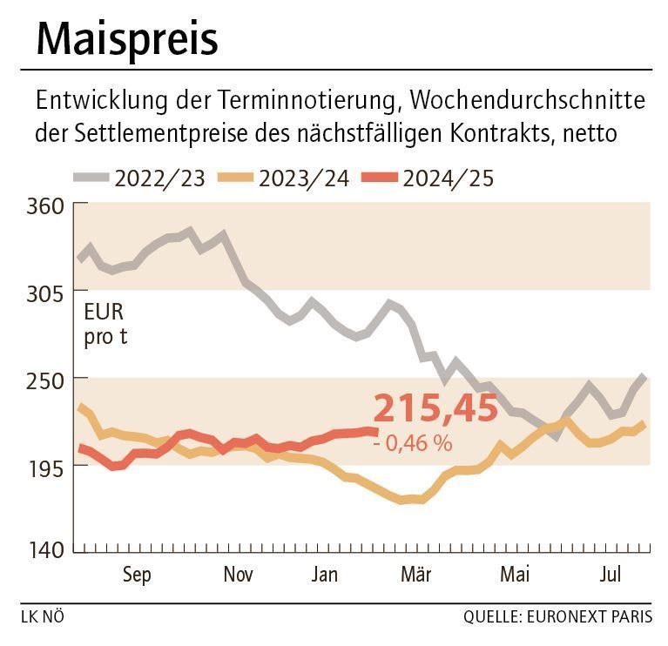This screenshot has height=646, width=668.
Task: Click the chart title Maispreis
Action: click(x=127, y=38)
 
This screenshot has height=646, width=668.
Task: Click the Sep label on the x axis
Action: click(x=137, y=575)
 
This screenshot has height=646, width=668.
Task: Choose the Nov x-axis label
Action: click(x=239, y=575)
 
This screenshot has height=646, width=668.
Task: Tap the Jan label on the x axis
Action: click(x=324, y=575)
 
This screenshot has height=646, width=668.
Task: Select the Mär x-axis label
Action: click(x=416, y=575)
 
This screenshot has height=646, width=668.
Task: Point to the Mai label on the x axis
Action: click(x=516, y=575)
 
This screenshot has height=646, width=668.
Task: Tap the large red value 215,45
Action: click(x=435, y=407)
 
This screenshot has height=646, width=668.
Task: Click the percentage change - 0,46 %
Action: click(x=412, y=443)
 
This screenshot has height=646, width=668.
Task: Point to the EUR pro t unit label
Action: click(x=105, y=325)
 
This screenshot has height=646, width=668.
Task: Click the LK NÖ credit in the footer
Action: click(x=42, y=617)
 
